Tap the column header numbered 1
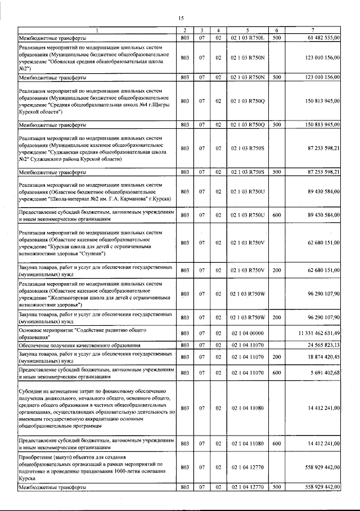(x=96, y=30)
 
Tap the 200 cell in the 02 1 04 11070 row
(x=276, y=356)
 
